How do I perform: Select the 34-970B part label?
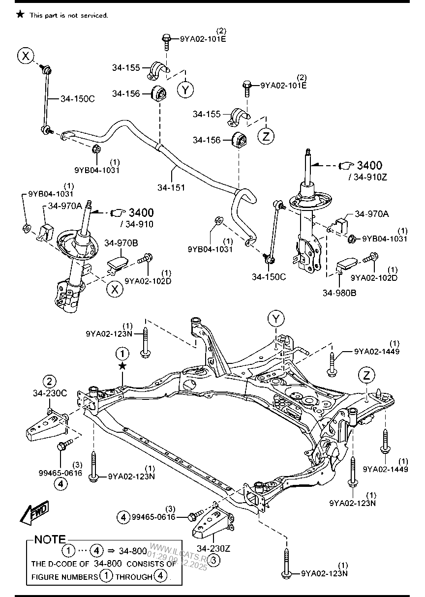[121, 242]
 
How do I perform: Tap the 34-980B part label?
[339, 293]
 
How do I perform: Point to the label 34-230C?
[50, 393]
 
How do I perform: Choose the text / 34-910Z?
[368, 177]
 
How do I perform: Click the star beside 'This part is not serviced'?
[20, 15]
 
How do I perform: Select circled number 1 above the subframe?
[122, 353]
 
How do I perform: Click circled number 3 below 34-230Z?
[215, 559]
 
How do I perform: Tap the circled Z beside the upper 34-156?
[267, 136]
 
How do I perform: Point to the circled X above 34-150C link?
[26, 56]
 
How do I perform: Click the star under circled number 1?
[122, 366]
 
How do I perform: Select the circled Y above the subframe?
[276, 319]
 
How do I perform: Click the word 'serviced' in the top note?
[94, 15]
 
